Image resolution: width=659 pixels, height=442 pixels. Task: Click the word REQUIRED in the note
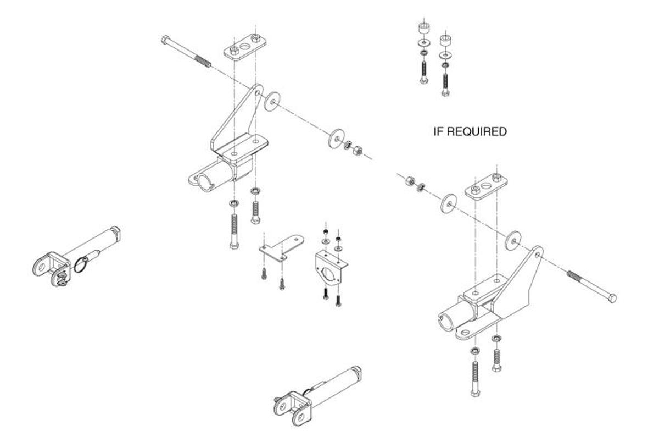click(x=477, y=132)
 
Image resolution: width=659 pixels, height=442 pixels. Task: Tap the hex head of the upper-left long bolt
click(x=165, y=40)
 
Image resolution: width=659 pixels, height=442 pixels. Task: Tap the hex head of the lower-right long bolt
click(x=612, y=298)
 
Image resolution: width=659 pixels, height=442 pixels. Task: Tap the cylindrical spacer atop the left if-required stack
click(x=423, y=27)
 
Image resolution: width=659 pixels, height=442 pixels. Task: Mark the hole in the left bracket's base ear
click(x=196, y=179)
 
